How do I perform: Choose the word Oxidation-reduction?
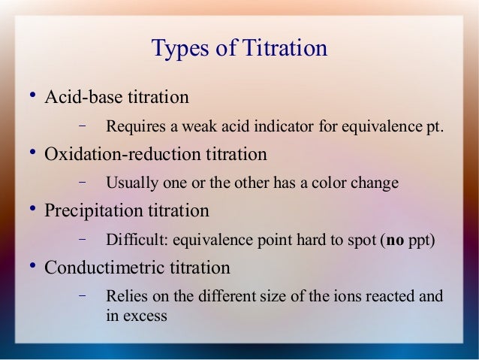[121, 155]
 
